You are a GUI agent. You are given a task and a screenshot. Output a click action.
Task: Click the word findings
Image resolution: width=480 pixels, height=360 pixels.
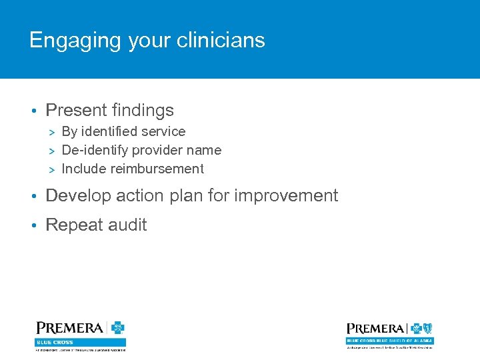(143, 110)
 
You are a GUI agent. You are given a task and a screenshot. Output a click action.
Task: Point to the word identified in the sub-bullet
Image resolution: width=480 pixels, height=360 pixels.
(108, 131)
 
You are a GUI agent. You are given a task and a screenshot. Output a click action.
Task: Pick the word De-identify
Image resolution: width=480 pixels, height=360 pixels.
(94, 150)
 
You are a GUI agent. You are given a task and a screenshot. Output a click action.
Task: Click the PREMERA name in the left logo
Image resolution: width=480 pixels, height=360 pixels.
(69, 328)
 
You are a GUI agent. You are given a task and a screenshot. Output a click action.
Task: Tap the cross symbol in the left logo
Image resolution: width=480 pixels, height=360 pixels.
(117, 328)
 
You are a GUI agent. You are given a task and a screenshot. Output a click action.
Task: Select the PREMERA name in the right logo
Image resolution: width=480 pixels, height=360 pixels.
(375, 329)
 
